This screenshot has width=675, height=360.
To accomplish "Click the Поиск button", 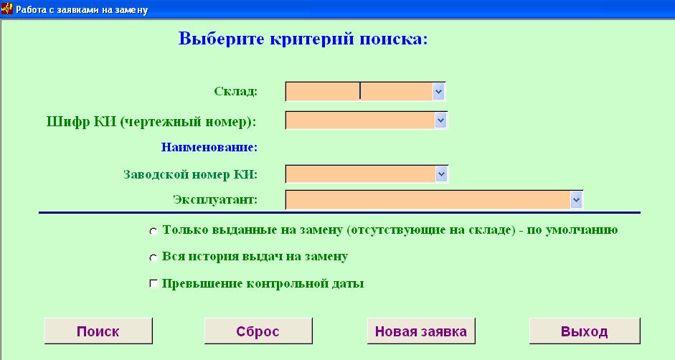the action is click(98, 331).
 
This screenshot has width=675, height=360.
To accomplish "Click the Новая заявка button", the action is click(421, 331).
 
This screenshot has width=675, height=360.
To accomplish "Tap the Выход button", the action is click(585, 331).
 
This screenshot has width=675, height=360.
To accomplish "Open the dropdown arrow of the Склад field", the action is click(438, 91).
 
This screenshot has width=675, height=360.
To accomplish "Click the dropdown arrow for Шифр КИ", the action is click(440, 120).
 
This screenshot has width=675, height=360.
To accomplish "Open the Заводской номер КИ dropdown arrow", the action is click(441, 174).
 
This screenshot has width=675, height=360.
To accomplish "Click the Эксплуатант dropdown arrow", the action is click(576, 199).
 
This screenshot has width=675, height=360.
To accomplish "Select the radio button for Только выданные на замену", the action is click(154, 231).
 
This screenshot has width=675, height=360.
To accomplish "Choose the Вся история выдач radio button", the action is click(154, 257).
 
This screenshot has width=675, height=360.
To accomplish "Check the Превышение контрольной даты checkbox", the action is click(154, 284).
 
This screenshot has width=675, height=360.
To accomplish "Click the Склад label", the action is click(235, 91).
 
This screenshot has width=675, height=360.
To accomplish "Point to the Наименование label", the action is click(209, 147).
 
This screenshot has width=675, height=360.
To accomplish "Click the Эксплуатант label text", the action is click(215, 200).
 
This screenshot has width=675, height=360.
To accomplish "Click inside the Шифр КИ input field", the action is click(360, 120).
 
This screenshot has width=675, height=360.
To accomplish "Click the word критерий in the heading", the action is click(312, 39).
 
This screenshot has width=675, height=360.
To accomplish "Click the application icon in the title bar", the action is click(7, 9).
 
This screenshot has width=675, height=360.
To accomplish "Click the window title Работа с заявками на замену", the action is click(82, 9).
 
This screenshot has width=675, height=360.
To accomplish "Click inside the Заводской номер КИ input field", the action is click(361, 174).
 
